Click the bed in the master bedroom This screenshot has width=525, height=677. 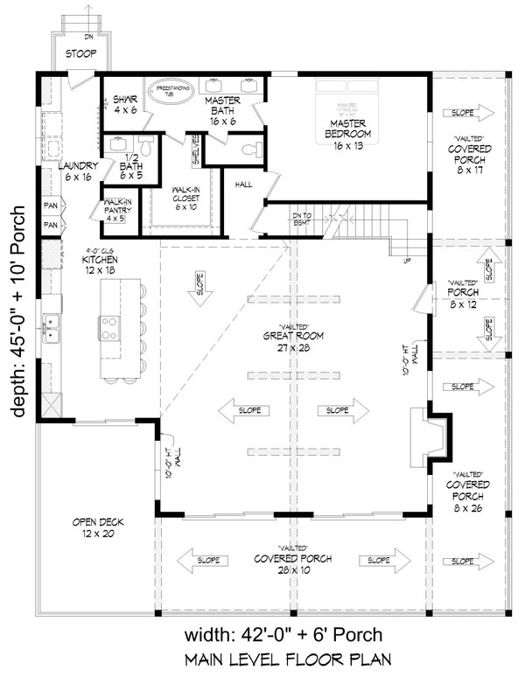pos(350,94)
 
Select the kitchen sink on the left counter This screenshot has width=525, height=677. pos(52,328)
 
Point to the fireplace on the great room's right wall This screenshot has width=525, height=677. pos(434,436)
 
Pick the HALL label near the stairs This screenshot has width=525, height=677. pos(244,185)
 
